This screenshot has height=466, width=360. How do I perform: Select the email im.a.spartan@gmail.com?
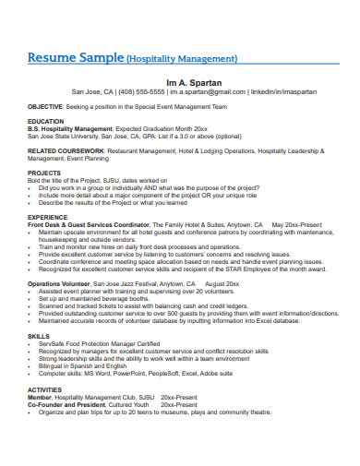click(203, 92)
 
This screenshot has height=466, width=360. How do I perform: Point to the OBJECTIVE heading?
click(46, 106)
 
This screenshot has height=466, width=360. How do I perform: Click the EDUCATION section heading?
click(46, 121)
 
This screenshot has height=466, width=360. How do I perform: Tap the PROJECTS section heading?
click(45, 172)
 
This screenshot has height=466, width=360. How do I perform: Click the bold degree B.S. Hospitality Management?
click(70, 128)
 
